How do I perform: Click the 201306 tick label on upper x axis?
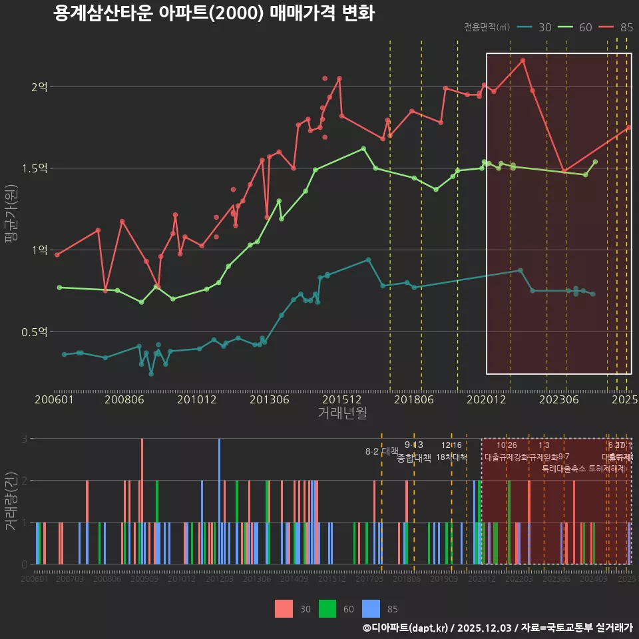[269, 399]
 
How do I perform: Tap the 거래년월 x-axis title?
[342, 413]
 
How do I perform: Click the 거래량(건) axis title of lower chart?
[11, 501]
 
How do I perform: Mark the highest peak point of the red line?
[523, 61]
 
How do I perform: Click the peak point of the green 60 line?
[363, 148]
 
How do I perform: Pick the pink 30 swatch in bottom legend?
[284, 608]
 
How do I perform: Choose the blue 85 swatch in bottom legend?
[371, 608]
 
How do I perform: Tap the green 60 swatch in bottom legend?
[327, 608]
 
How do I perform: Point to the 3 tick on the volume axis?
[24, 439]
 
